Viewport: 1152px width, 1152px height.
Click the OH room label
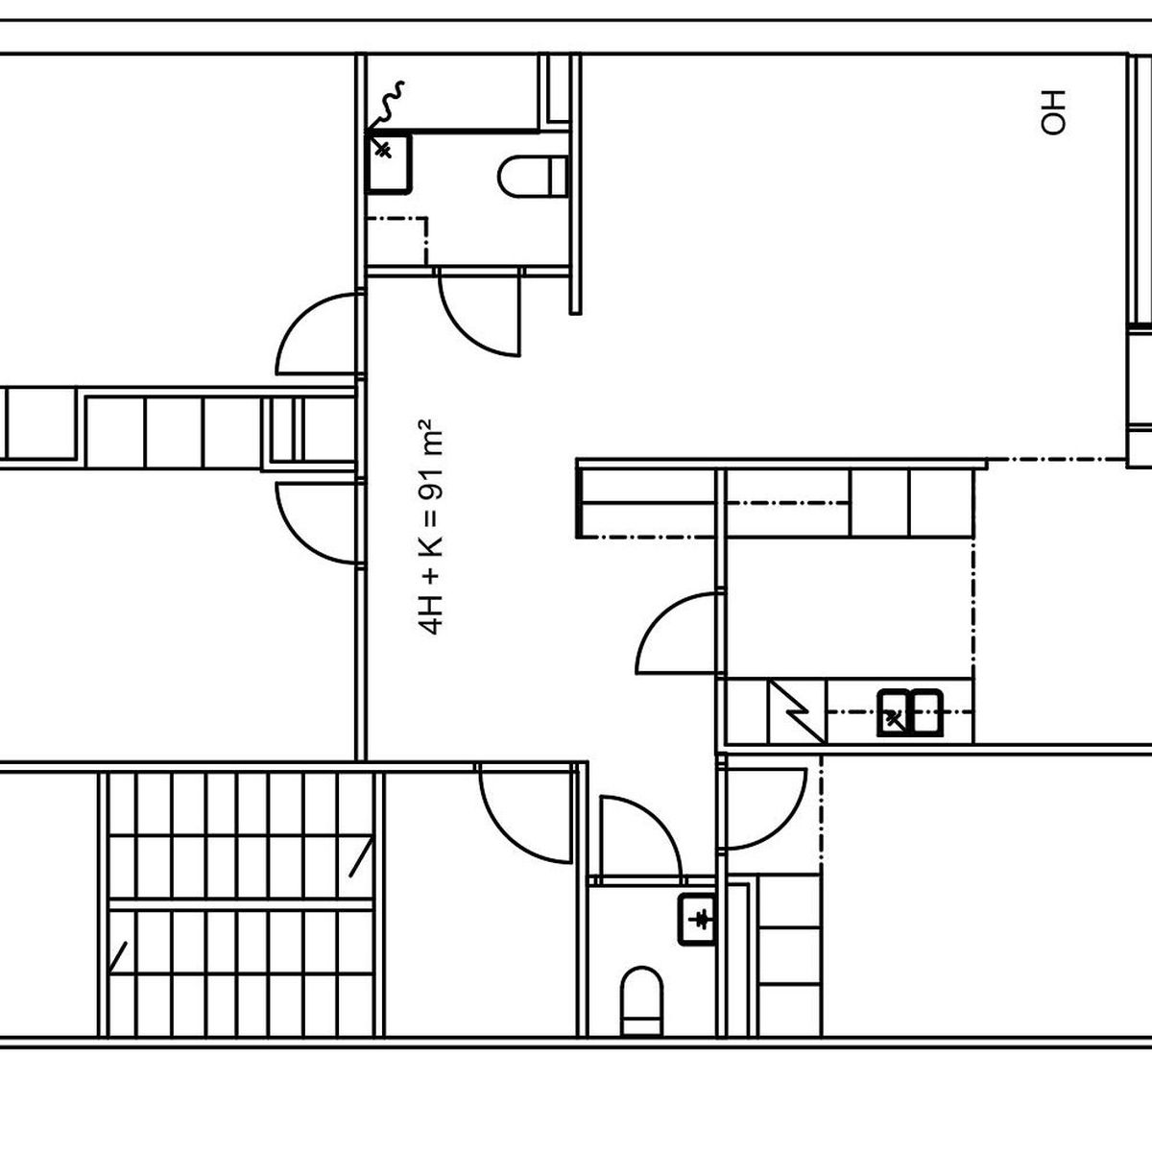pos(1053,112)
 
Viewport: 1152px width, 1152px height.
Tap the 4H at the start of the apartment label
pos(430,615)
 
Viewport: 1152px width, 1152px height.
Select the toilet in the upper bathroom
pos(532,177)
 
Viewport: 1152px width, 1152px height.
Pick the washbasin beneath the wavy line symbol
pos(389,163)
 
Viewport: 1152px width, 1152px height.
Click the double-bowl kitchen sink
pos(909,712)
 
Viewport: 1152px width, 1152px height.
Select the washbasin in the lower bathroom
pos(696,920)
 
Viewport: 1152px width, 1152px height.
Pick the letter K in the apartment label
pos(430,546)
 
